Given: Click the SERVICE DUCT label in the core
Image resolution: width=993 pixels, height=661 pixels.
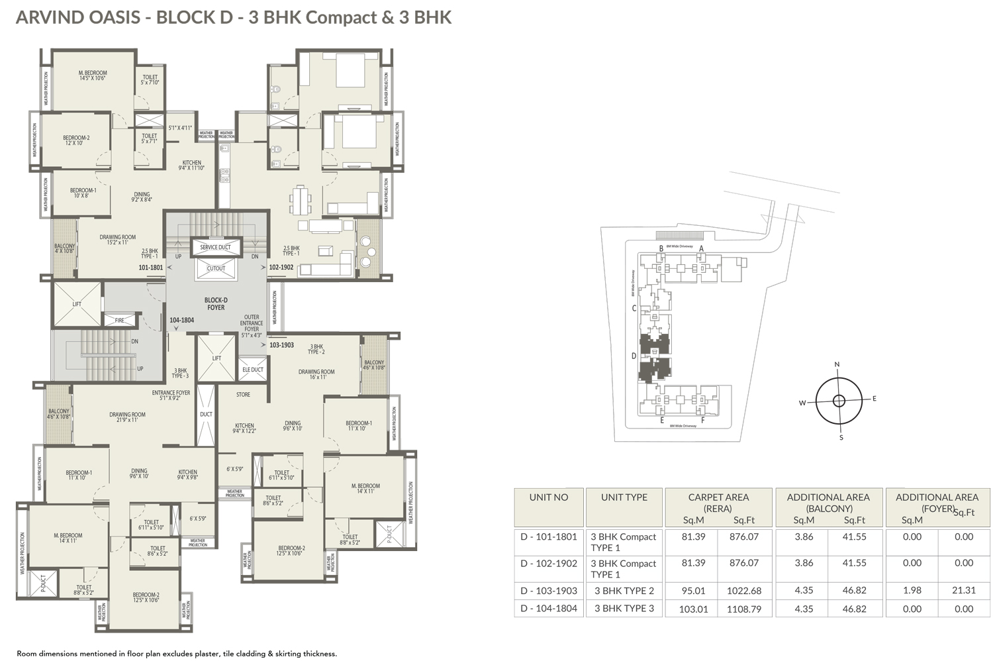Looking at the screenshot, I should point(215,247).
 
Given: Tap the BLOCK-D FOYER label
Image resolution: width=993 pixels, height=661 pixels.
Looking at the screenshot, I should point(216,304).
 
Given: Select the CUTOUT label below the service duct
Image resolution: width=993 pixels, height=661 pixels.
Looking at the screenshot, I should point(216,268).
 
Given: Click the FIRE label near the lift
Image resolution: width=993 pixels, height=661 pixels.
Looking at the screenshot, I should point(120,321).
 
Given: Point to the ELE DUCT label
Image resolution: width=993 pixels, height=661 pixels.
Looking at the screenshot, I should point(252,370).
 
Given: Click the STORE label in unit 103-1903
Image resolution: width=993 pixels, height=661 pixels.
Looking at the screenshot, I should point(243,395).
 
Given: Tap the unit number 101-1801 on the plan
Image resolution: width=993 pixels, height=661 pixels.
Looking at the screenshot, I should point(150,268).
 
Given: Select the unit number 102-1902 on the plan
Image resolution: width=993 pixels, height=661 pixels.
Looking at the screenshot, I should point(281,268).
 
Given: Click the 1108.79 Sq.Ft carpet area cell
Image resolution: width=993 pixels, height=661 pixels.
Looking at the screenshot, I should point(743,609).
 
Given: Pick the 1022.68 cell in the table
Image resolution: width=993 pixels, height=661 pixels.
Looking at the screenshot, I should point(743,591).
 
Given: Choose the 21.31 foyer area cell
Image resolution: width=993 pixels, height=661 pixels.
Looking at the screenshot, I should point(963,590).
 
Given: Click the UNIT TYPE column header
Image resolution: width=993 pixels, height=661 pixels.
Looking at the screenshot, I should point(624,497).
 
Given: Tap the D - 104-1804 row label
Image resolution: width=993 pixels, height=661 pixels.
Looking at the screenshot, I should point(549,608).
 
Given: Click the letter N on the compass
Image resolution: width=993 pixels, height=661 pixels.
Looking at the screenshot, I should point(837,364).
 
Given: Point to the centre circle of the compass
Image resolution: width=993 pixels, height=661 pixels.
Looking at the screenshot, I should point(839,401).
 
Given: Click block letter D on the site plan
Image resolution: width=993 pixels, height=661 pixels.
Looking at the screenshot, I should point(634,356).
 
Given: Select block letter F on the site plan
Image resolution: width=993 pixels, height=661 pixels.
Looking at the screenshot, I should point(702,420).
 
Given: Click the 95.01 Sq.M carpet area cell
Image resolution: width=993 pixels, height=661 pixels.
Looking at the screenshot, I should point(693,591).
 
